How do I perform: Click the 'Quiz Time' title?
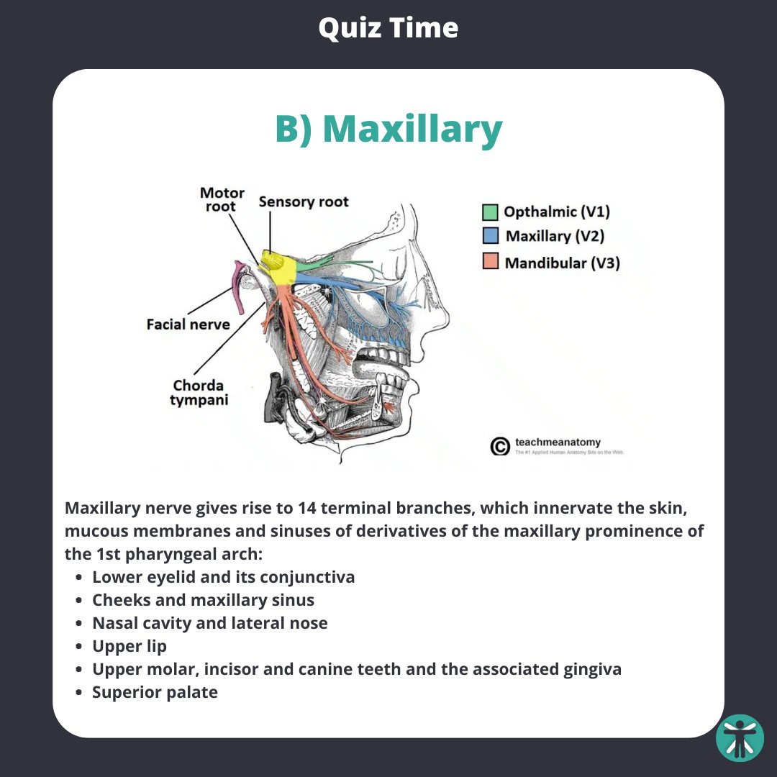(388, 28)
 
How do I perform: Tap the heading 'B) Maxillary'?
(388, 129)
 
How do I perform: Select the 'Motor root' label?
(222, 199)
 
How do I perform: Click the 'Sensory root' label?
(303, 201)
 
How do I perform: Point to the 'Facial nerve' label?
(188, 324)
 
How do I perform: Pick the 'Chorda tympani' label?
(198, 392)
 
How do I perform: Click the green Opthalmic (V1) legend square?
(490, 212)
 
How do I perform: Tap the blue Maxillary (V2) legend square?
(490, 236)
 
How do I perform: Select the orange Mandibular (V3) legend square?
(490, 262)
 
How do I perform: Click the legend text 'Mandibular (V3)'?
(562, 263)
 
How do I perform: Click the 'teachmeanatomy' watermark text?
(558, 442)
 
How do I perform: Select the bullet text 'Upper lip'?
(129, 646)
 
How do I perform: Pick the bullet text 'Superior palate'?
(155, 692)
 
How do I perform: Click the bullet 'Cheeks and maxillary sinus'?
(203, 600)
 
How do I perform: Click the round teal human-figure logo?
(740, 737)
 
